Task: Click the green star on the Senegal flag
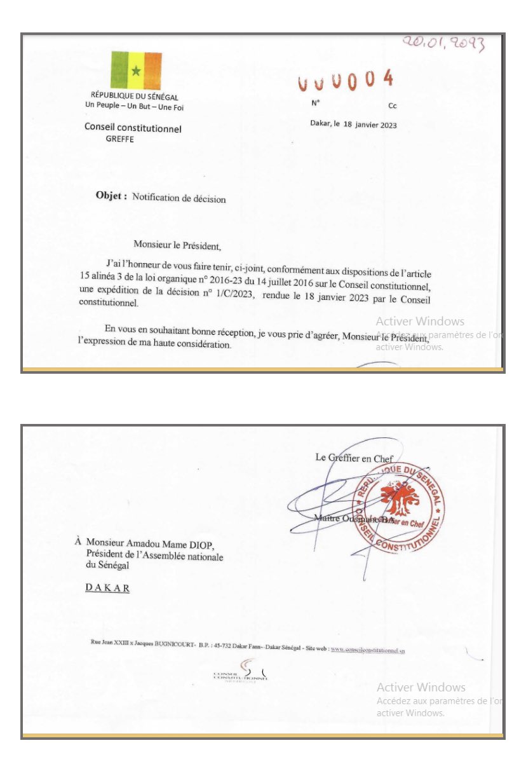click(x=136, y=71)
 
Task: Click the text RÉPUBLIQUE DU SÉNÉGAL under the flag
click(x=134, y=97)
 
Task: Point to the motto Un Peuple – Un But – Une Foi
click(x=134, y=107)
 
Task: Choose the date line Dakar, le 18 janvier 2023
click(x=353, y=125)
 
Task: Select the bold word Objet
click(x=111, y=196)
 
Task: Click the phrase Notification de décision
click(x=179, y=198)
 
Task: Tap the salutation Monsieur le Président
click(x=179, y=243)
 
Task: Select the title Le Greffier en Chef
click(x=354, y=458)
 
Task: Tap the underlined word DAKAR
click(x=107, y=588)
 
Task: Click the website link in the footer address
click(x=368, y=650)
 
